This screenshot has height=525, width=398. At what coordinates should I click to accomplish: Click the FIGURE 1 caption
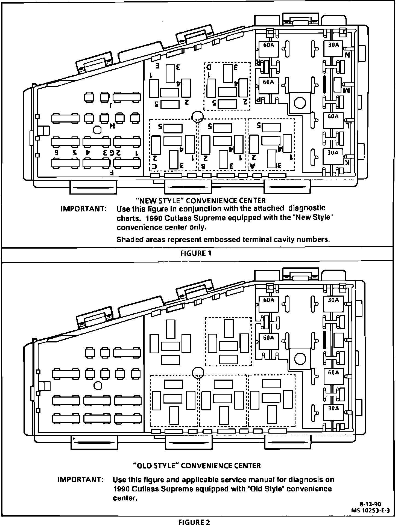[x=196, y=253]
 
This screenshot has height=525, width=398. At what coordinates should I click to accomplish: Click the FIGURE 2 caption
[x=194, y=522]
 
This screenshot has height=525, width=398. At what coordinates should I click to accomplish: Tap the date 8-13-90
[x=370, y=504]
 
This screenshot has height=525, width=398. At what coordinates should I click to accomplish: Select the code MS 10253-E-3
[x=370, y=510]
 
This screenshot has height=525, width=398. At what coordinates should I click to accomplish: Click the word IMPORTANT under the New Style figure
[x=83, y=209]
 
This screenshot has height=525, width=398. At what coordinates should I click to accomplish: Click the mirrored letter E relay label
[x=157, y=66]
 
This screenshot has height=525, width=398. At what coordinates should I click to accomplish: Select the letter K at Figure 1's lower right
[x=347, y=163]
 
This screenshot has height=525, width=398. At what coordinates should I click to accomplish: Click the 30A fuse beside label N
[x=333, y=49]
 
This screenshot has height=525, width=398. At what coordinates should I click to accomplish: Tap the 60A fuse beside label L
[x=333, y=120]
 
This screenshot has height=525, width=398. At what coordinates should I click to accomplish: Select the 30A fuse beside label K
[x=333, y=156]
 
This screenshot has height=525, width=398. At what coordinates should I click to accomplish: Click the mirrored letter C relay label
[x=155, y=166]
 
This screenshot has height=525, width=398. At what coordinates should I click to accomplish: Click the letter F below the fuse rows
[x=112, y=173]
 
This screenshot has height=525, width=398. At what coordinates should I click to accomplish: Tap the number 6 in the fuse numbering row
[x=56, y=153]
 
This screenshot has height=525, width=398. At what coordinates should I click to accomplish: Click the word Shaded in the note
[x=127, y=240]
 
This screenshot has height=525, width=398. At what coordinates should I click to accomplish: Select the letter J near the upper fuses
[x=111, y=105]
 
